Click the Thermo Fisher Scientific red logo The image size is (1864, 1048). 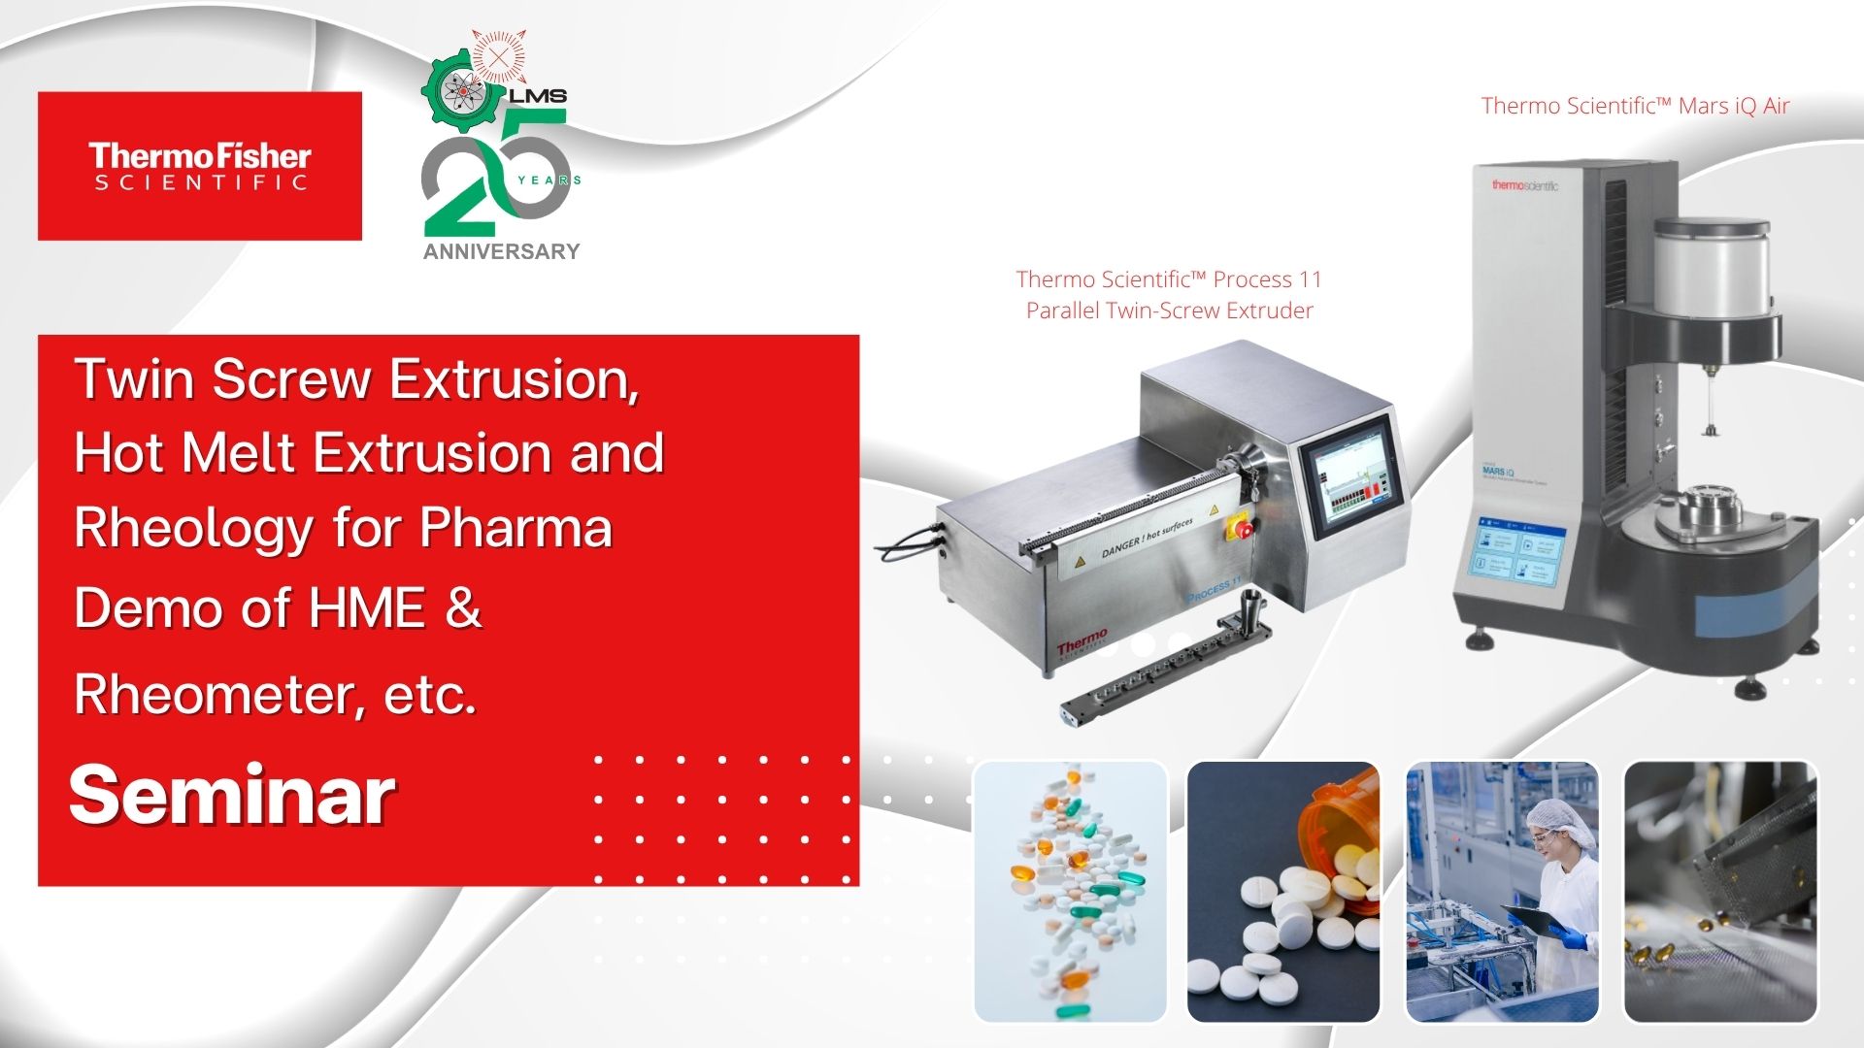click(200, 166)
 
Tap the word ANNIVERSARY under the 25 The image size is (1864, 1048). click(501, 251)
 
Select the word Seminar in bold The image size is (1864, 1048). click(232, 796)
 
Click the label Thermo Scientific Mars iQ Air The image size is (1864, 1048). click(1635, 106)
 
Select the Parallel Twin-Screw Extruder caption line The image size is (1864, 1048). click(1169, 311)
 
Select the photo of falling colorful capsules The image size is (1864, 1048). click(1070, 891)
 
